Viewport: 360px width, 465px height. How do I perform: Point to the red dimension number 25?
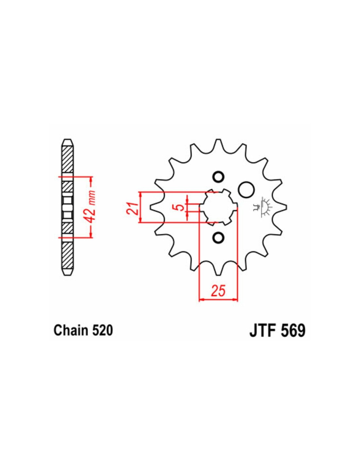[218, 291]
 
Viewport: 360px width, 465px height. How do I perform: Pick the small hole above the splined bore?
[218, 177]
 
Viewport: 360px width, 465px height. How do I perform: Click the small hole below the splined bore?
[218, 237]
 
